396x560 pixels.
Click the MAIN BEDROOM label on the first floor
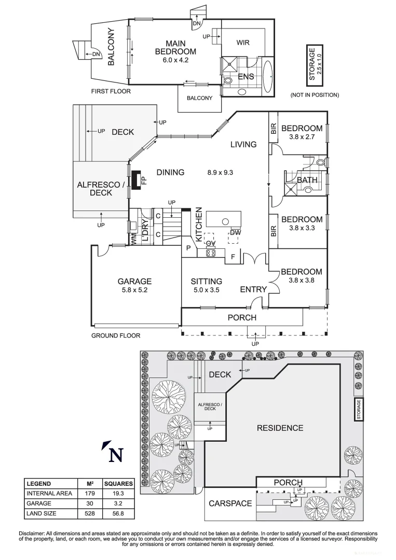[175, 47]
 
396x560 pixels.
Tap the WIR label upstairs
[243, 43]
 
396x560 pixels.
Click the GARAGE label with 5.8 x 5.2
[134, 282]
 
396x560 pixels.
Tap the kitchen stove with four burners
[211, 253]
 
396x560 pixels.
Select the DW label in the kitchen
[236, 232]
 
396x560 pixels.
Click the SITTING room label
[206, 282]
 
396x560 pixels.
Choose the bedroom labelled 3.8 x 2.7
[302, 129]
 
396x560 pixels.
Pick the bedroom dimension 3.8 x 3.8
[302, 281]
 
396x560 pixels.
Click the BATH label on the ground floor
[307, 180]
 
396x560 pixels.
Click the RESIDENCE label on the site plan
[280, 428]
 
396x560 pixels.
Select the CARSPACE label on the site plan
[230, 503]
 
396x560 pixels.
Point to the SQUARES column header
[118, 483]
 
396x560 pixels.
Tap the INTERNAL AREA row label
[49, 493]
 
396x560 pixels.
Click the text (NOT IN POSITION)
[315, 95]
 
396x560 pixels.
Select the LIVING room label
[243, 144]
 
